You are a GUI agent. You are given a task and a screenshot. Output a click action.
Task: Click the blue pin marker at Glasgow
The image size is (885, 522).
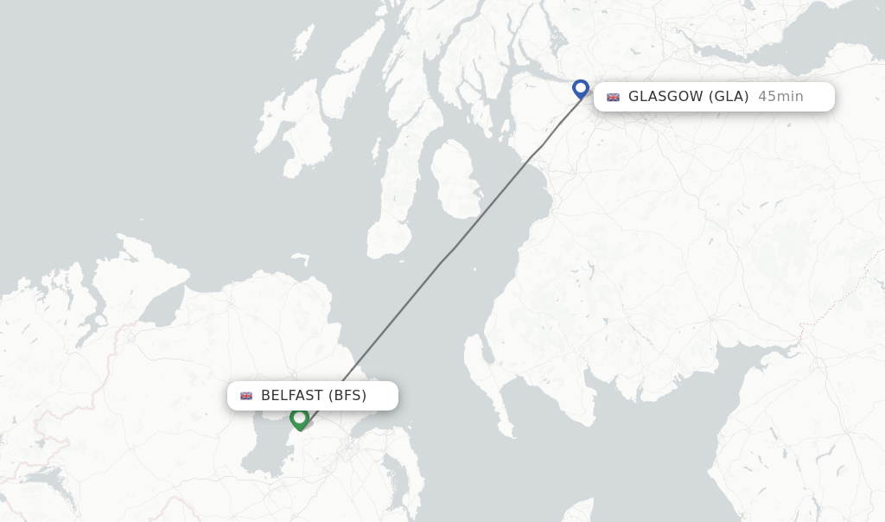coord(581,88)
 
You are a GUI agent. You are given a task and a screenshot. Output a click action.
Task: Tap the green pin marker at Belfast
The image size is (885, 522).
coord(300,418)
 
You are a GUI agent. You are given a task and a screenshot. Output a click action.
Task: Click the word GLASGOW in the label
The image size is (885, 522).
coord(665,97)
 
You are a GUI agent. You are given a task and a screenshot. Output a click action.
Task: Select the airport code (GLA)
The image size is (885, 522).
coord(729,97)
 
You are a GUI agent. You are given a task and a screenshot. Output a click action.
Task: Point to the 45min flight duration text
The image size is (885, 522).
coord(780,97)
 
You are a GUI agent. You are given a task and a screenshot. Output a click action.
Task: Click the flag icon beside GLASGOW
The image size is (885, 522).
coord(613,97)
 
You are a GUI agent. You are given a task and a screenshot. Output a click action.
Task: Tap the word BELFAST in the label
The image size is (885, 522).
coord(292,396)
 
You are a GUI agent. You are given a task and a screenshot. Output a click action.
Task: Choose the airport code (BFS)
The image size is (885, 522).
coord(347,396)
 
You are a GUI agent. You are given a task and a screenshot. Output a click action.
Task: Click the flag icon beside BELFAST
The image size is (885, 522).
coord(246,396)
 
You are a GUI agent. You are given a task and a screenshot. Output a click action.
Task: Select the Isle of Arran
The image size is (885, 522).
coord(456,177)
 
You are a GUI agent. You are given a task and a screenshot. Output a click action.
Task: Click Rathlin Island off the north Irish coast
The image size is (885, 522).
coord(301,258)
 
